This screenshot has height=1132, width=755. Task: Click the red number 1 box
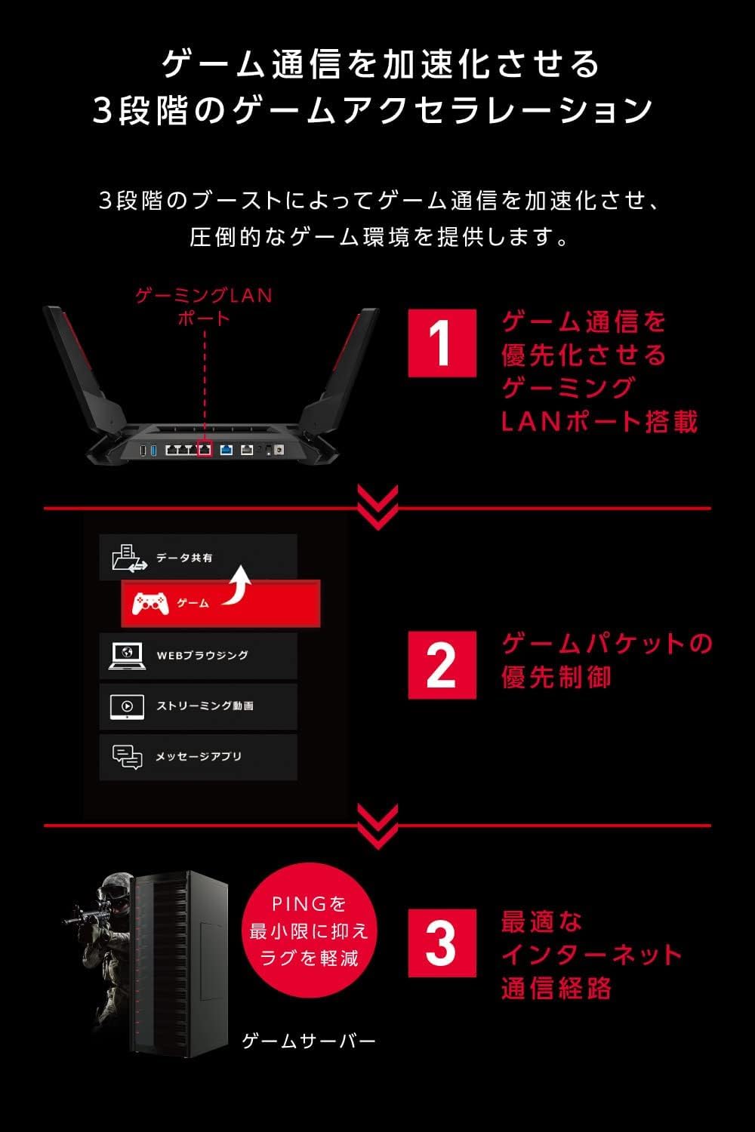[442, 343]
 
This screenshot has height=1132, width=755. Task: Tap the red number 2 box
[442, 664]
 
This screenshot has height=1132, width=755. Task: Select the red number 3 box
[442, 943]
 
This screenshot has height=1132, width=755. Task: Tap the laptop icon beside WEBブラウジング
[127, 655]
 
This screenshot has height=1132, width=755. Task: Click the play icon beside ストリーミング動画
[127, 706]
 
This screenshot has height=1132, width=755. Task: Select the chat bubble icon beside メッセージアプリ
[127, 757]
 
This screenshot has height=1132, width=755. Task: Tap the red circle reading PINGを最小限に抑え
[309, 931]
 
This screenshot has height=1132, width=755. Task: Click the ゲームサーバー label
[308, 1041]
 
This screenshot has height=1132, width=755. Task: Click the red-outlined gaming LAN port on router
[204, 449]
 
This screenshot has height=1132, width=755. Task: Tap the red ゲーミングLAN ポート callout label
[204, 306]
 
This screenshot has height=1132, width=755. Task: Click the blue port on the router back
[226, 450]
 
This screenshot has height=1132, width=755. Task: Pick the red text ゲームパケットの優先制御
[604, 660]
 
